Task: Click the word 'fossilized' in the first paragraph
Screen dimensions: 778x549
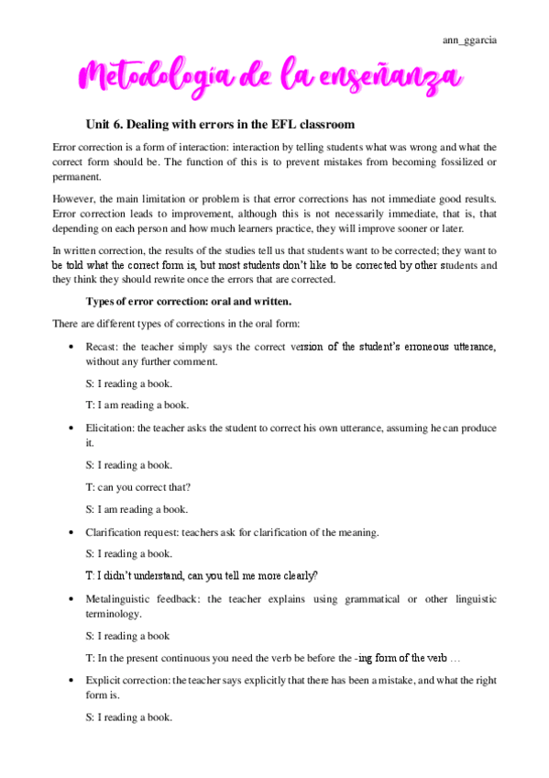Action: [x=467, y=162]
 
